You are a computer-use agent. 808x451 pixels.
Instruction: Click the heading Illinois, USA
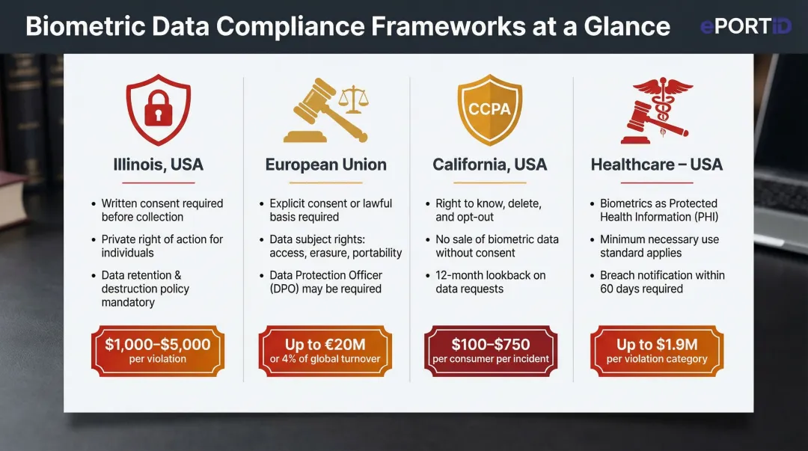click(x=158, y=165)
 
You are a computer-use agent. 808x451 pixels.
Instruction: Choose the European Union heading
click(x=326, y=165)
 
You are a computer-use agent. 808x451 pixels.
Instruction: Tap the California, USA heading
click(x=489, y=165)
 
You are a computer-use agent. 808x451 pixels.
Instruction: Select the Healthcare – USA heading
click(x=657, y=165)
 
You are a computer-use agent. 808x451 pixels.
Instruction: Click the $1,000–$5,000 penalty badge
click(x=158, y=351)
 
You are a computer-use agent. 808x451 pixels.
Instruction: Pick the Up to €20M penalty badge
click(x=325, y=351)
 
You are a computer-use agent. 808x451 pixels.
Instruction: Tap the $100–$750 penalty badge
click(x=491, y=351)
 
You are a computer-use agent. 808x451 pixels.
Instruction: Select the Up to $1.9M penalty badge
click(x=657, y=351)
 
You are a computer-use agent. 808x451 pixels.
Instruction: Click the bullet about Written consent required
click(x=162, y=210)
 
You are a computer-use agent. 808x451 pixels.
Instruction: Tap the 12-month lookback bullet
click(x=490, y=282)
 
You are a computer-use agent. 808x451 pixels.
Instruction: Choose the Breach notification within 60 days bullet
click(x=661, y=282)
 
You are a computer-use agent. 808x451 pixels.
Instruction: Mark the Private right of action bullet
click(x=162, y=246)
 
